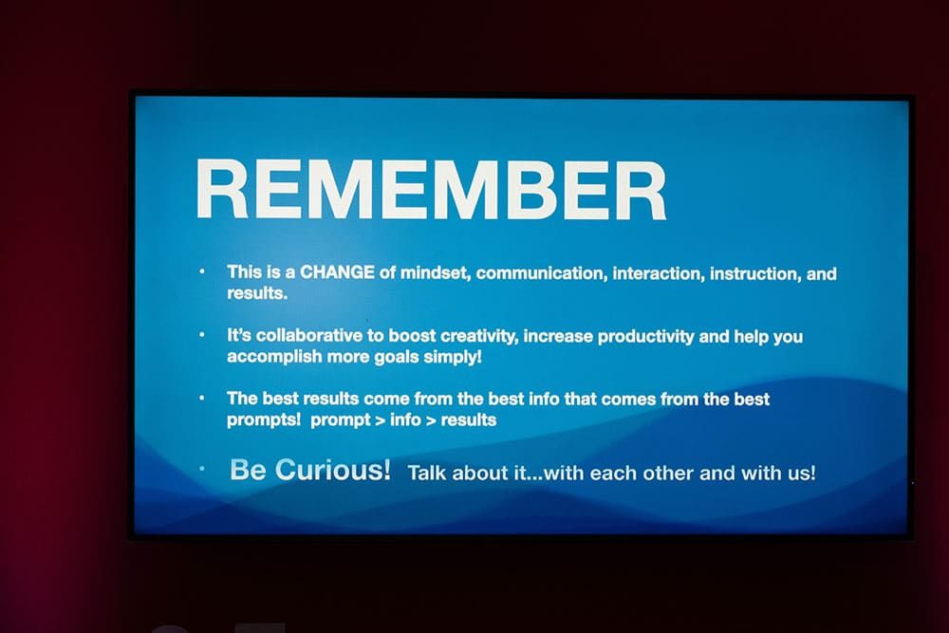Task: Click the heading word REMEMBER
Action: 431,190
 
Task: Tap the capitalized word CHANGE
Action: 337,272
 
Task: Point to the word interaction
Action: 659,274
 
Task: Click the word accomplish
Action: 274,357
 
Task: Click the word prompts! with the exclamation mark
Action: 264,420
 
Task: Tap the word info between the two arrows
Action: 405,420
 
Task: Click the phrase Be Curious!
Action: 310,470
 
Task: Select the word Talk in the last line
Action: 427,473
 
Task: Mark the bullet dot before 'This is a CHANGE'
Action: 202,271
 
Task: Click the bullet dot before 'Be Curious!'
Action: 202,469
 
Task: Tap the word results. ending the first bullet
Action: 257,293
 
